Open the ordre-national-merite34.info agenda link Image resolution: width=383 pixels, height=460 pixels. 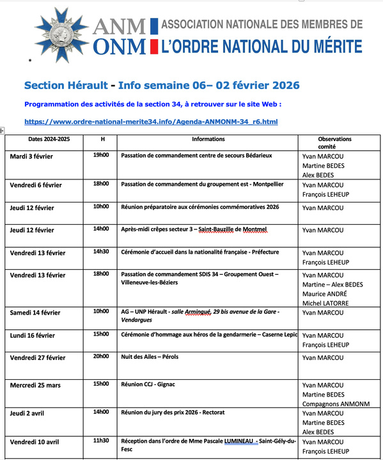coord(151,121)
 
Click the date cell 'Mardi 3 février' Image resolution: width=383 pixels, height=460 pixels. coord(31,156)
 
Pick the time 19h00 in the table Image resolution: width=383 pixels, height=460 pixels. coord(101,155)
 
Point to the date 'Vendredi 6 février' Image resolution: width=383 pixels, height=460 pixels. coord(36,185)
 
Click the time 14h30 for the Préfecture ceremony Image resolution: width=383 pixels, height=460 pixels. coord(101,252)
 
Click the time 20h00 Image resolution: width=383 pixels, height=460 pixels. coord(101,356)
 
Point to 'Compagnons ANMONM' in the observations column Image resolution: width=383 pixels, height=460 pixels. coord(334,404)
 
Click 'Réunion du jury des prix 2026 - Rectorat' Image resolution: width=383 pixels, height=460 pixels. coord(182,413)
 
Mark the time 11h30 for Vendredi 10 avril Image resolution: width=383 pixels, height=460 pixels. coord(101,441)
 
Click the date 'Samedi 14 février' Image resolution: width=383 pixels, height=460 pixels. coord(35,312)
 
